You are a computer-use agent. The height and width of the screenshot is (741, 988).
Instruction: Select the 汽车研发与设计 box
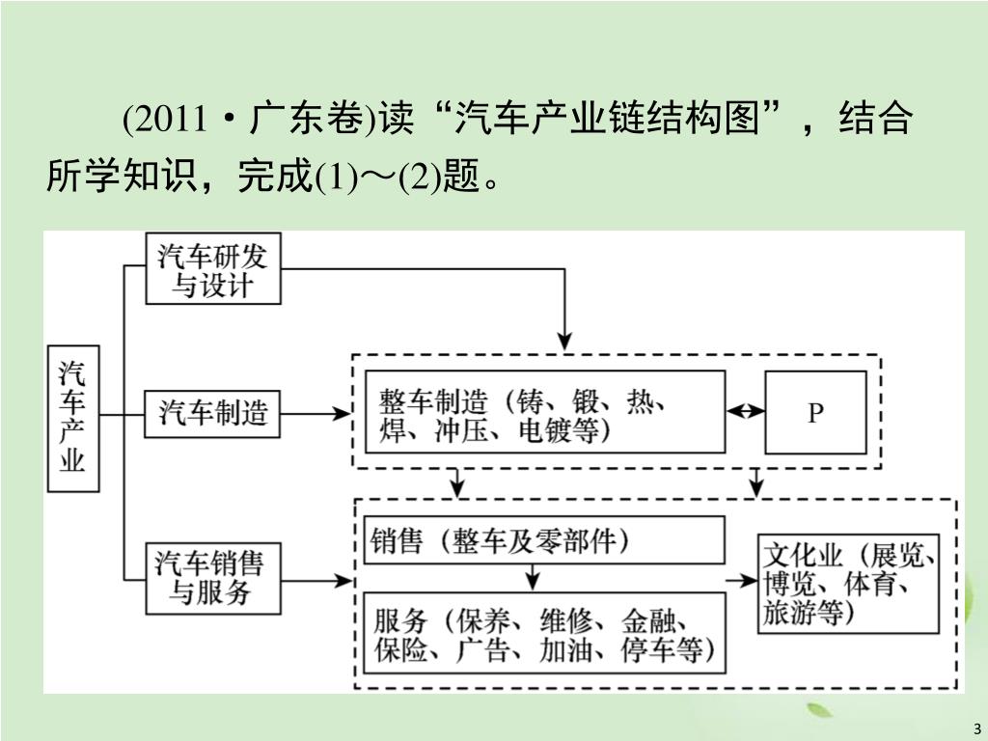pos(213,270)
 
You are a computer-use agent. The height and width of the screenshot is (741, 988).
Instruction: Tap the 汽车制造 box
pos(213,415)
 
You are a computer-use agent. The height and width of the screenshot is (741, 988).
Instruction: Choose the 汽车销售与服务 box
pos(213,577)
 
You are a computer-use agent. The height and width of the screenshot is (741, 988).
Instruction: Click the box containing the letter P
pos(815,413)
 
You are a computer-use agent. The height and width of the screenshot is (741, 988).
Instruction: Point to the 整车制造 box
pos(544,413)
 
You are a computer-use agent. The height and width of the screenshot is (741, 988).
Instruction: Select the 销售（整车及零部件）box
pos(544,540)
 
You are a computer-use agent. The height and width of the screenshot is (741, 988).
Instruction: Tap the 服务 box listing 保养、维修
pos(544,633)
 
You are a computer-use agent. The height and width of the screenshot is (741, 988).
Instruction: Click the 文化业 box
pos(848,583)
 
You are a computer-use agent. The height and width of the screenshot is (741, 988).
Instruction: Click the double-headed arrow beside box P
pos(746,412)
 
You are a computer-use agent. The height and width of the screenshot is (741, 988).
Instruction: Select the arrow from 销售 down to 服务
pos(532,577)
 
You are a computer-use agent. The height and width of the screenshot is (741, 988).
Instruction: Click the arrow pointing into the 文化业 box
pos(742,580)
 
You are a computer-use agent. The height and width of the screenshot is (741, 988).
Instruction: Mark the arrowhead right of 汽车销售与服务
pos(342,581)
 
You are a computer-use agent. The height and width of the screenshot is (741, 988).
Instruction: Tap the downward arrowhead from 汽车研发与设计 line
pos(565,339)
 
